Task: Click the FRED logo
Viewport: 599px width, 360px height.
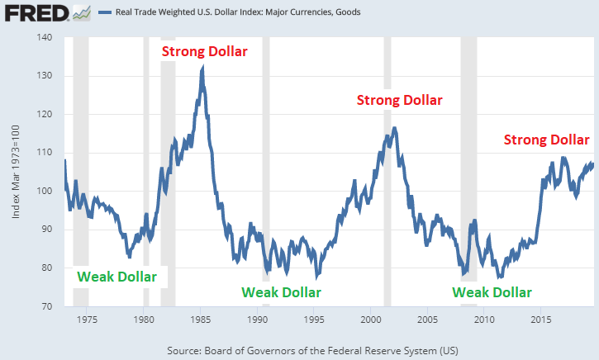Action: point(33,13)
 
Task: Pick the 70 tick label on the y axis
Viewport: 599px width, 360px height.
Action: point(46,306)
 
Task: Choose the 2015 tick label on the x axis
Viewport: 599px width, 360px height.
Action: point(541,319)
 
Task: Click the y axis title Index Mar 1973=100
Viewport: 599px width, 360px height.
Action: point(17,172)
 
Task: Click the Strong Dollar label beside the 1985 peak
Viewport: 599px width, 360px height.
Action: point(204,51)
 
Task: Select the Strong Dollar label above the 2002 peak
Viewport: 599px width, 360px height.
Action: point(399,100)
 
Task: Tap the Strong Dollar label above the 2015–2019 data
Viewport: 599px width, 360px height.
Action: point(547,140)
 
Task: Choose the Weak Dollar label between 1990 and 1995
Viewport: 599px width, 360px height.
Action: point(281,291)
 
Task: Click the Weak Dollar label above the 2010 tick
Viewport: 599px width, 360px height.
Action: point(492,291)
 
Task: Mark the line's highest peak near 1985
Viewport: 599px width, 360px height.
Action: point(202,69)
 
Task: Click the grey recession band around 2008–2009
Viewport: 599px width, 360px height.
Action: point(468,165)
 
